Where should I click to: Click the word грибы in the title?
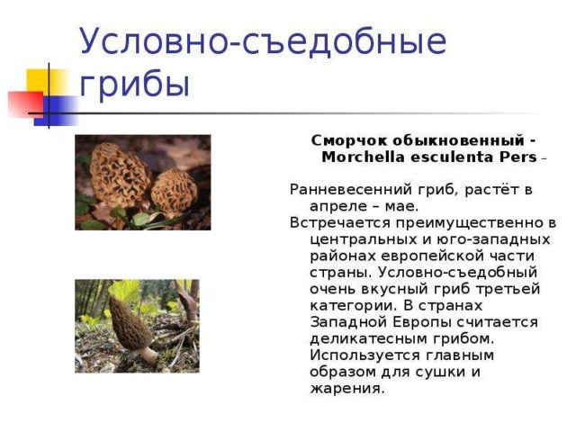click(x=135, y=84)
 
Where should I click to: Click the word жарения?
click(x=346, y=389)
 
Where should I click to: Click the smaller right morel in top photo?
click(x=174, y=191)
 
